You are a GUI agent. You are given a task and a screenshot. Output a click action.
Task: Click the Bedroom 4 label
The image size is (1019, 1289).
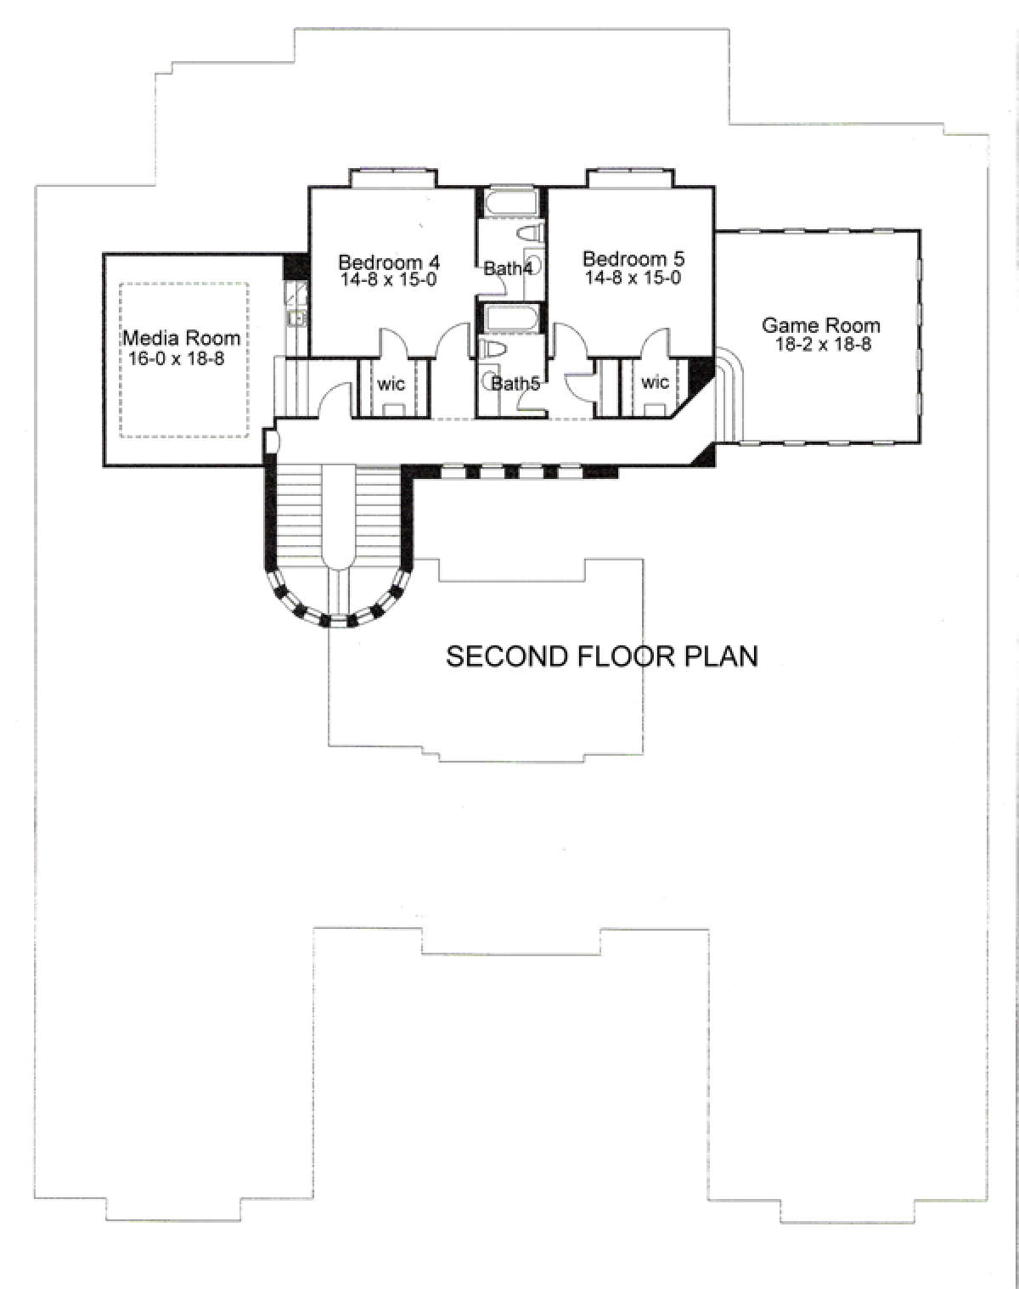click(x=389, y=262)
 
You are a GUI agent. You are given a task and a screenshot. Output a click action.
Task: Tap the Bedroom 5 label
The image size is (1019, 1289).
click(x=633, y=259)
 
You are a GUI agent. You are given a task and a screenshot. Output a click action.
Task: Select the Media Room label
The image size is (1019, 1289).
click(x=182, y=338)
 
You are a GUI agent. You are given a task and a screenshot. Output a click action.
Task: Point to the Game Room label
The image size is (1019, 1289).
click(x=820, y=325)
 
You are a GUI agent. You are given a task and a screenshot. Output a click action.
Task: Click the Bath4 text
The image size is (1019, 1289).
click(x=508, y=268)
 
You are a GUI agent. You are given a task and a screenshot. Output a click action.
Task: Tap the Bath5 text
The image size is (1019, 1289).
click(x=515, y=384)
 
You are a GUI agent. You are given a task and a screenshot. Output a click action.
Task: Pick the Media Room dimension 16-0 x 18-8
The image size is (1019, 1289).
click(x=176, y=358)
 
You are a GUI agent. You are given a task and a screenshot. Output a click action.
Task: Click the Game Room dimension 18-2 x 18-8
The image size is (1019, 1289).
click(x=823, y=345)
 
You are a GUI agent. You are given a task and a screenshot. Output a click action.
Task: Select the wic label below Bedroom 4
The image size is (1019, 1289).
click(x=391, y=382)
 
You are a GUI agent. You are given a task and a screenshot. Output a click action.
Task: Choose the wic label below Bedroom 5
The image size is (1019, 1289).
click(x=655, y=381)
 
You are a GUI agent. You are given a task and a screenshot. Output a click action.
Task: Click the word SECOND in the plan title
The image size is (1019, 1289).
click(x=507, y=656)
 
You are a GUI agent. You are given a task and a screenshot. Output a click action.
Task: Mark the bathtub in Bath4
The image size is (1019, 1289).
click(x=510, y=201)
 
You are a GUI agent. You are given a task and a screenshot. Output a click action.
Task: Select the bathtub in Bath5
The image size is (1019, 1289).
click(x=510, y=318)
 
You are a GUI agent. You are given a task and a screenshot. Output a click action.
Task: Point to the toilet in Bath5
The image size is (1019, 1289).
click(x=493, y=349)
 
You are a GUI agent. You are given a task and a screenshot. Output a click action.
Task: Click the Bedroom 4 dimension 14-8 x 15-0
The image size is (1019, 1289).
click(x=389, y=279)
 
